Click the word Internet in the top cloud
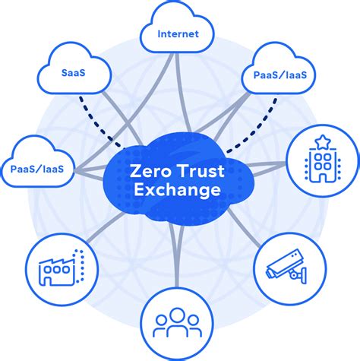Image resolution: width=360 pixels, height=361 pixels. [178, 34]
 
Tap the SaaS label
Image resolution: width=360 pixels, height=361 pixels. [74, 73]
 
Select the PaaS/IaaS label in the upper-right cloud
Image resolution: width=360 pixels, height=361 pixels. [280, 75]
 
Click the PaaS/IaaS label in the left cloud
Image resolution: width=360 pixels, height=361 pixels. [37, 169]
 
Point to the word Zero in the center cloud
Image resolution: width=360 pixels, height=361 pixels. [149, 171]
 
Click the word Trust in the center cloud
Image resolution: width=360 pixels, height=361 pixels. [201, 171]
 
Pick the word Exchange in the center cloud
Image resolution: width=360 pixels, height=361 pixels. [177, 190]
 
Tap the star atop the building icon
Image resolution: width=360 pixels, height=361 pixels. [322, 142]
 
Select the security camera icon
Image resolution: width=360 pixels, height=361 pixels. [286, 267]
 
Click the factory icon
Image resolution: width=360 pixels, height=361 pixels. [61, 268]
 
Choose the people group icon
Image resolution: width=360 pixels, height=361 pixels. [177, 323]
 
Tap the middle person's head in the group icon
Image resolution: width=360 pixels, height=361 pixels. [177, 315]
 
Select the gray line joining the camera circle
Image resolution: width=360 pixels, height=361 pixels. [244, 227]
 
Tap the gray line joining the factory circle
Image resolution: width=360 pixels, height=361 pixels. [106, 226]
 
